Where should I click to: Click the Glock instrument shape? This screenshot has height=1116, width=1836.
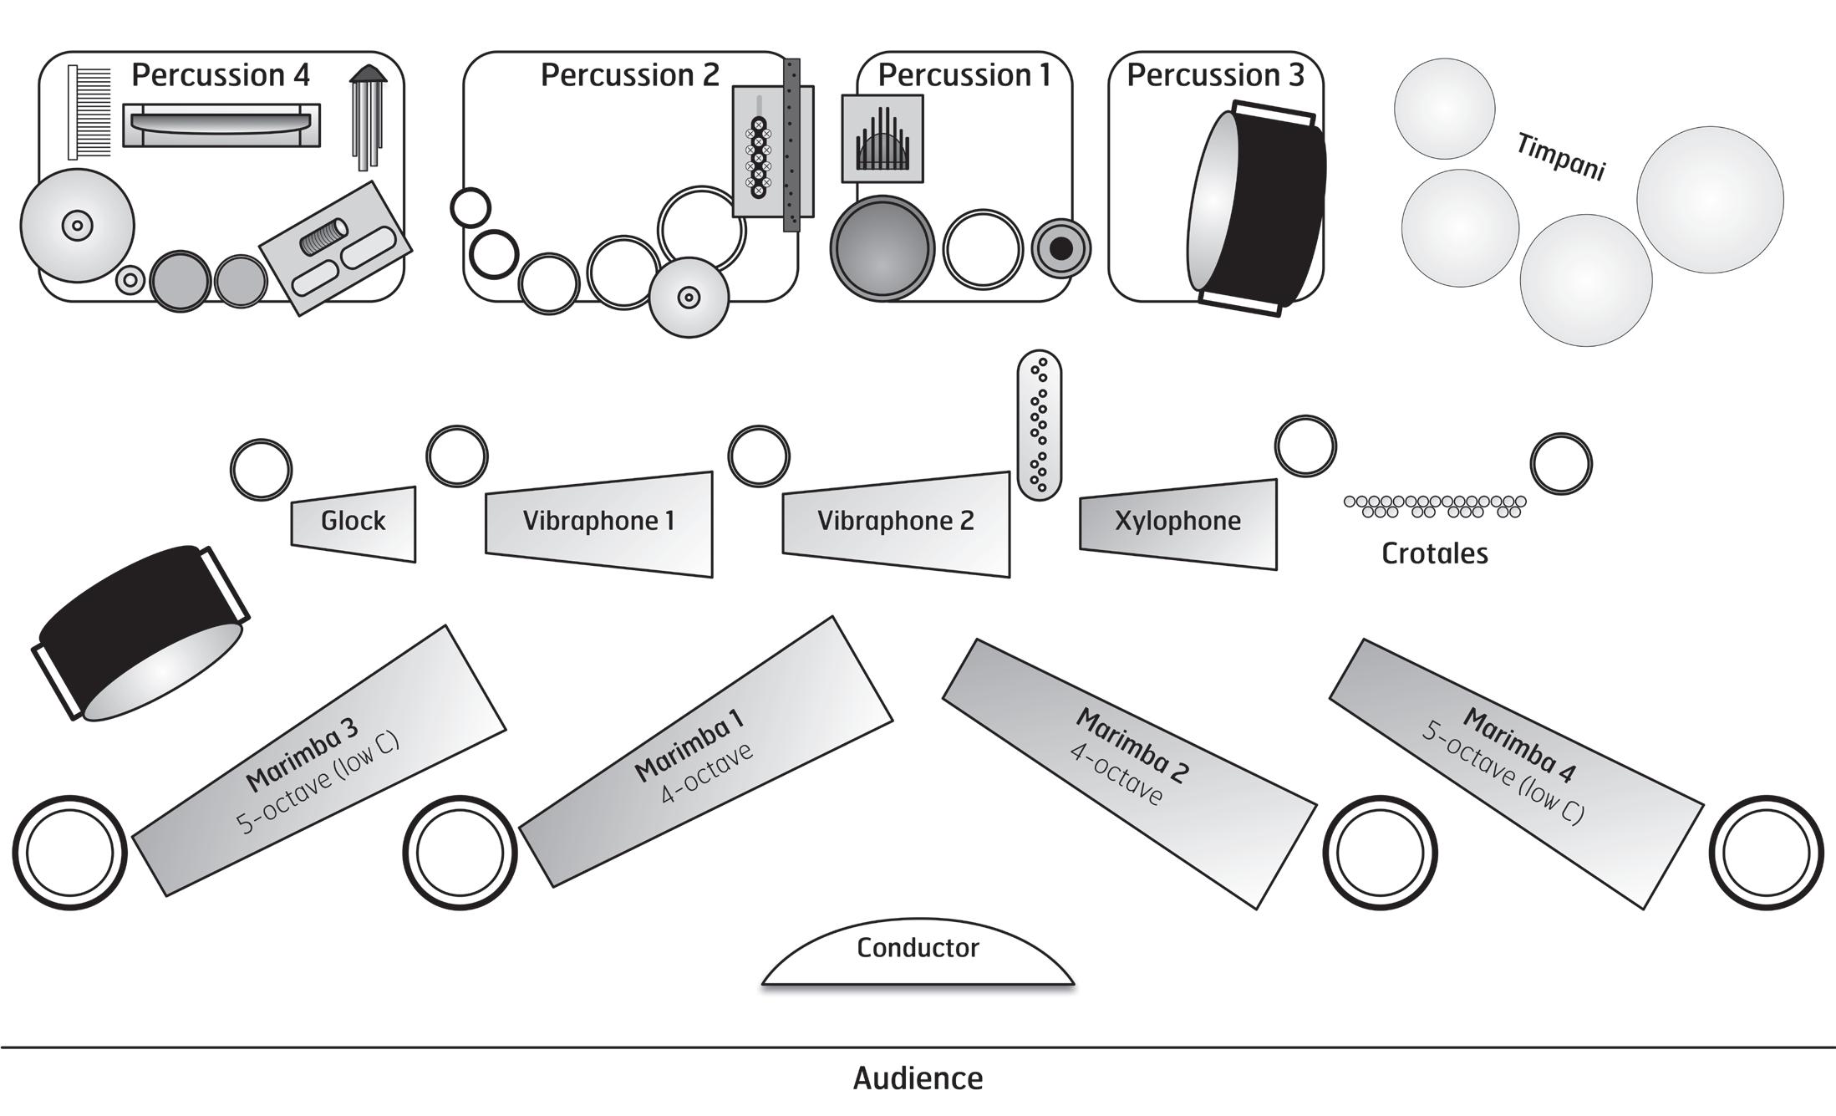click(x=353, y=523)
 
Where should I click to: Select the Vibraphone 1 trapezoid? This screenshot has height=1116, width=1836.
click(x=599, y=523)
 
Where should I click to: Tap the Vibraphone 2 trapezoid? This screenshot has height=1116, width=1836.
click(x=896, y=523)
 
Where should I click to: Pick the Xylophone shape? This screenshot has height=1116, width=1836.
click(x=1178, y=523)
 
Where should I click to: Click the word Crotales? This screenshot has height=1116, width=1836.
click(x=1434, y=553)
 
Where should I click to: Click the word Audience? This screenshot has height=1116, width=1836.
click(x=918, y=1078)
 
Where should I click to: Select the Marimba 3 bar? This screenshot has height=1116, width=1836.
click(x=319, y=761)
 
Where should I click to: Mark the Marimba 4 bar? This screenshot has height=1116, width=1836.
click(x=1516, y=773)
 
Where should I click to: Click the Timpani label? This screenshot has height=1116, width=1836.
click(x=1560, y=157)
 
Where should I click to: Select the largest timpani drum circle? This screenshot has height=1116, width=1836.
click(x=1710, y=200)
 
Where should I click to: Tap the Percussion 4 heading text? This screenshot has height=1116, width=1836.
click(x=221, y=75)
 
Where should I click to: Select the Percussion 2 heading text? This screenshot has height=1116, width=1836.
click(x=629, y=75)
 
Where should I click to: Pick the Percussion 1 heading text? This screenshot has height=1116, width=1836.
click(x=964, y=75)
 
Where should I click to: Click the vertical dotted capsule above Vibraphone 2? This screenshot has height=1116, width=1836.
click(x=1040, y=425)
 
